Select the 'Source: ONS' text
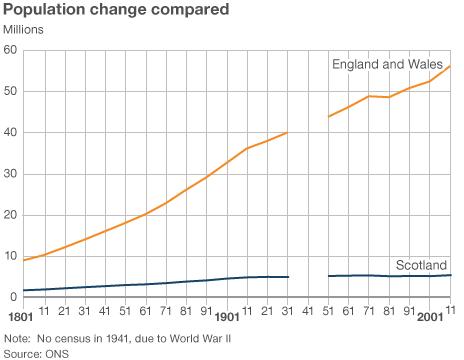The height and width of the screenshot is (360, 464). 34,352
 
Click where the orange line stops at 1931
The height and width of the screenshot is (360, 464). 288,132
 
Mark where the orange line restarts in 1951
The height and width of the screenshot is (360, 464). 329,117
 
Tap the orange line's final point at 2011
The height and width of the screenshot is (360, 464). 452,65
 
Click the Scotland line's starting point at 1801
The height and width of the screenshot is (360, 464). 22,290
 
